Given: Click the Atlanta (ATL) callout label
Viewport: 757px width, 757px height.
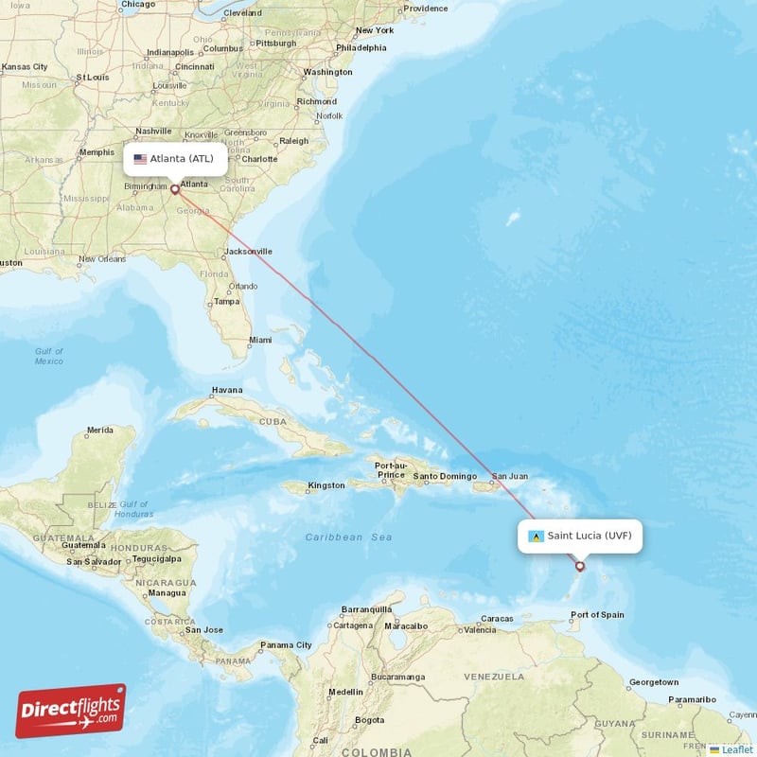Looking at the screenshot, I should coord(176,159).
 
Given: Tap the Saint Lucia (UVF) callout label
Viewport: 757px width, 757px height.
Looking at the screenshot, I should coord(580,536).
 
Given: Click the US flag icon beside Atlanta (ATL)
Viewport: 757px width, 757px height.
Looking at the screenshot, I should coord(140,159).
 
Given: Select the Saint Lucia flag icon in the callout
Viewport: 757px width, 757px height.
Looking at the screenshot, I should coord(536,537).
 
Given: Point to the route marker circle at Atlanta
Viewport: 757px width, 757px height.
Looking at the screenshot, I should coord(175,189).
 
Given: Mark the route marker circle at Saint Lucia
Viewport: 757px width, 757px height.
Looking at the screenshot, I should coord(580,567).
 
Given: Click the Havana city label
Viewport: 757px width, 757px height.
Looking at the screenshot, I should coord(227,390).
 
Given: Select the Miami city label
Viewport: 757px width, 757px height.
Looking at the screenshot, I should coord(260,340).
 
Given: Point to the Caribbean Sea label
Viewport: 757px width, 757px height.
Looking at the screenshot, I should coord(348,537).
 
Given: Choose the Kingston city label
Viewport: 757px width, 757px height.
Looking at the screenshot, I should coord(326,485).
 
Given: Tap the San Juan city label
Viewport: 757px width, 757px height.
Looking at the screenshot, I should coord(509,476).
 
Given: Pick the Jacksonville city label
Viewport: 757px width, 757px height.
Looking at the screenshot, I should coord(248,252).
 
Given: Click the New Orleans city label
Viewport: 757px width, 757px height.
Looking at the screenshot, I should coord(102,258).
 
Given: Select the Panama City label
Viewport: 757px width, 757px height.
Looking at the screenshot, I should coord(286,645).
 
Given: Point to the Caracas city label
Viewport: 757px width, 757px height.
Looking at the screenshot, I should coord(496,619).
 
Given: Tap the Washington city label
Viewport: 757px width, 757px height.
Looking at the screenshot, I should coord(328,72).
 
